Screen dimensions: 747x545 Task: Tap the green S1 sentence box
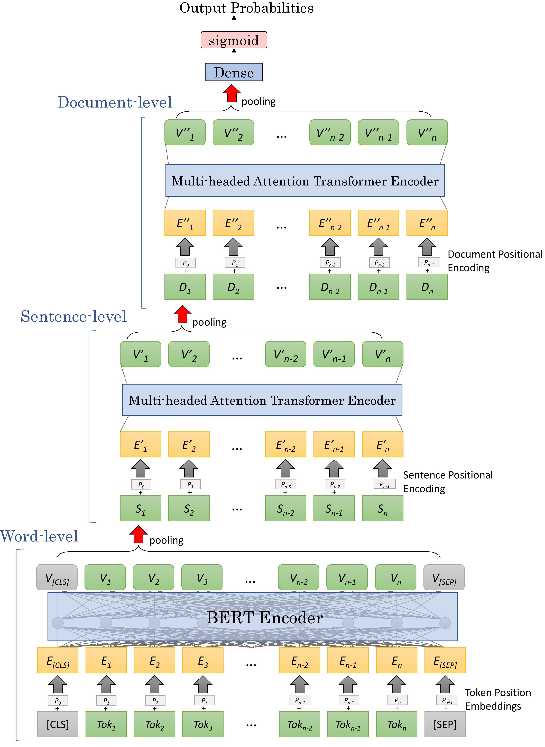(x=141, y=508)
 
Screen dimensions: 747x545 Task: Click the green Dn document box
(x=427, y=287)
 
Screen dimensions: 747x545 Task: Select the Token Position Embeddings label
(x=497, y=699)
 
